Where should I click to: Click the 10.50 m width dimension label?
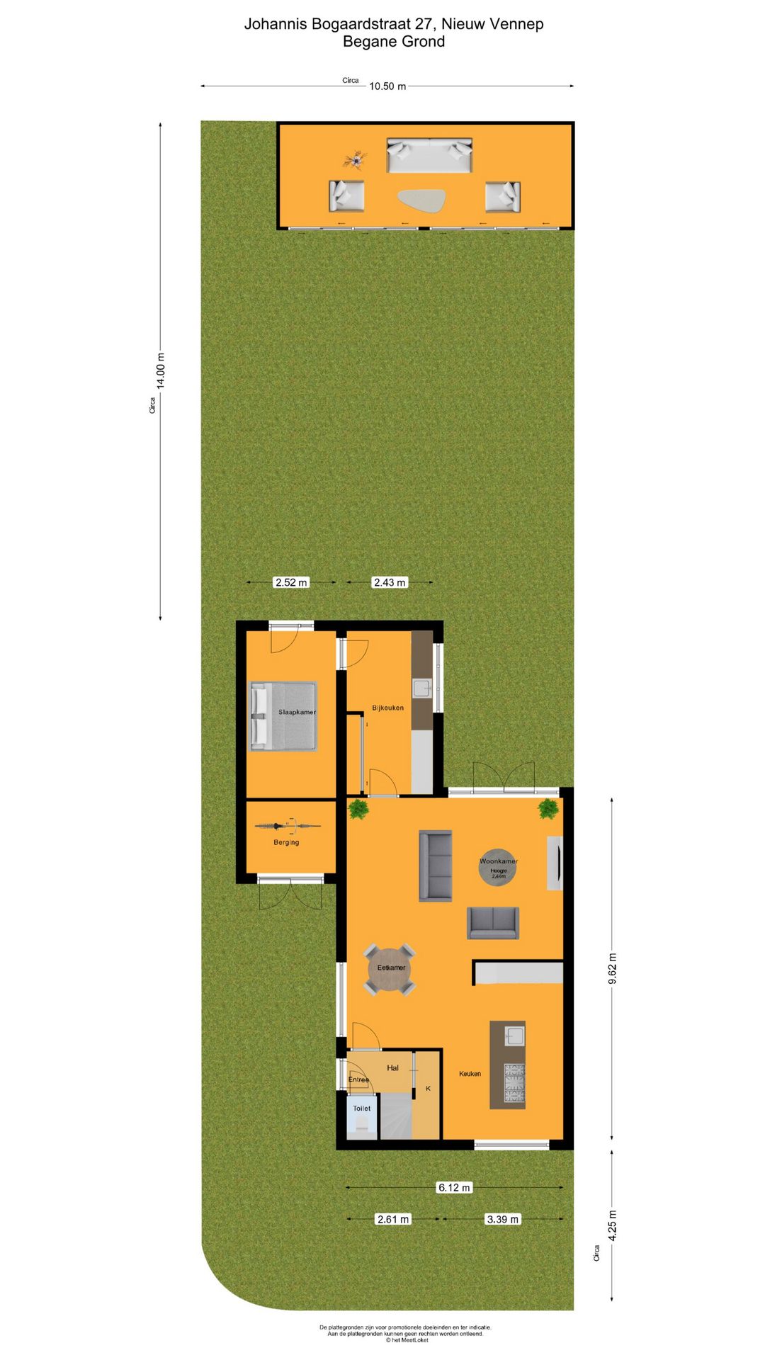(x=387, y=86)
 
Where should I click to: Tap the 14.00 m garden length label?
(x=161, y=370)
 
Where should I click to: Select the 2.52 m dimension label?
(x=291, y=582)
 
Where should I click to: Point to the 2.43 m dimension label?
(x=390, y=582)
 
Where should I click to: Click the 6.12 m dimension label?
(x=454, y=1187)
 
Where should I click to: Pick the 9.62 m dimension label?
(x=613, y=968)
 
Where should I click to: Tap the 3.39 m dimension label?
(x=502, y=1219)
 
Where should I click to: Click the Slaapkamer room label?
(x=297, y=712)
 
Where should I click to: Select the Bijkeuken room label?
(x=387, y=708)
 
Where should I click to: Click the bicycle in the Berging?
(x=287, y=825)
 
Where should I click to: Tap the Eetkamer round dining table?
(x=390, y=968)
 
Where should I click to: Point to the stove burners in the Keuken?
(x=514, y=1083)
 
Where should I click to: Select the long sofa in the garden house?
(x=429, y=155)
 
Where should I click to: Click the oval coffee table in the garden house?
(x=421, y=200)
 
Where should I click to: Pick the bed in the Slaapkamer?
(x=283, y=715)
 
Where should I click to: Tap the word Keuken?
(x=470, y=1074)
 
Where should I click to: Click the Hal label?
(x=392, y=1067)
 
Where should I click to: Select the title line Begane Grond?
(x=394, y=42)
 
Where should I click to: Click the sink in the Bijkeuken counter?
(x=422, y=688)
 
